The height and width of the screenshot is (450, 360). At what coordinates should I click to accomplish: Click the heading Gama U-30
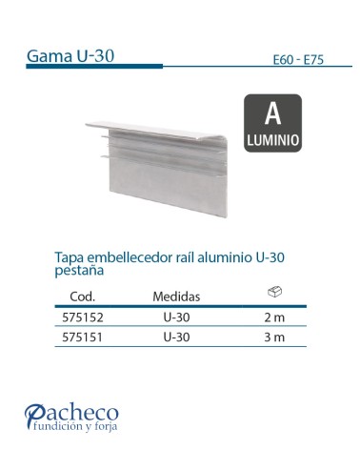71,55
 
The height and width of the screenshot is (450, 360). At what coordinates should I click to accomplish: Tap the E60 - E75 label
297,60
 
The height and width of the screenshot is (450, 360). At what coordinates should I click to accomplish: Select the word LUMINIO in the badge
273,139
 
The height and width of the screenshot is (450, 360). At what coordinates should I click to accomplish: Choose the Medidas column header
176,297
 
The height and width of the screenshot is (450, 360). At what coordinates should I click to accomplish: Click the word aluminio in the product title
228,257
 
